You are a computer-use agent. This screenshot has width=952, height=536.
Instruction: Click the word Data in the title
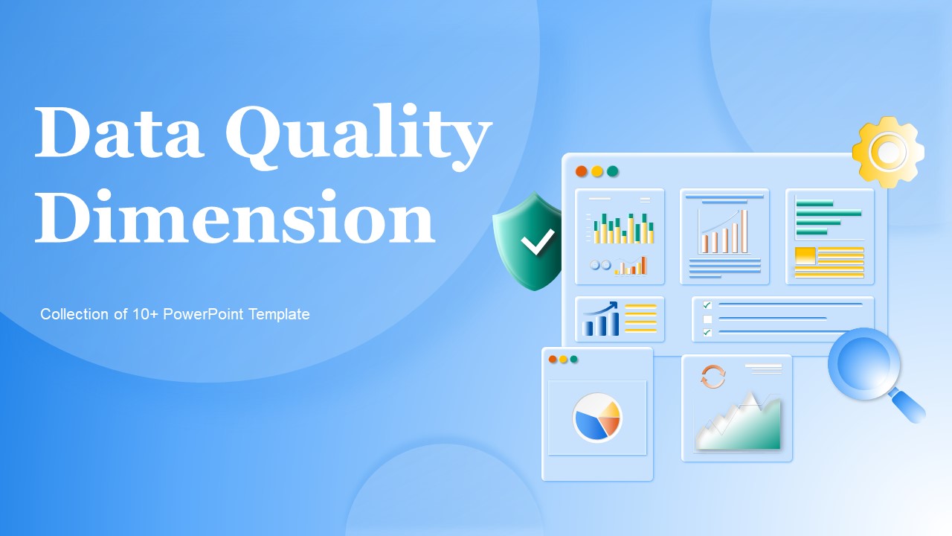coord(118,133)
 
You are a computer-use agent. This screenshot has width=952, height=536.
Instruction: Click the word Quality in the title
coord(358,137)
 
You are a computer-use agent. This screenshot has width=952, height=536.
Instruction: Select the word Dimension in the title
coord(234,217)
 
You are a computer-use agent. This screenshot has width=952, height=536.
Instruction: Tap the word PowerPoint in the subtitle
coord(203,314)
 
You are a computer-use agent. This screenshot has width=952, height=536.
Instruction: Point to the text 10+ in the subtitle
coord(145,314)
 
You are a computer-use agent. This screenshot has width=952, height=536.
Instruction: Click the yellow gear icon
coord(888,152)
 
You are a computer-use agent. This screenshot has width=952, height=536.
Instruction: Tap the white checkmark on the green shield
coord(538,241)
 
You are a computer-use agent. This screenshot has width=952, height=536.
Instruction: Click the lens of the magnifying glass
coord(864,364)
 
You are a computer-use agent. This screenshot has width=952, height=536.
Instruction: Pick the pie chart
coord(597,418)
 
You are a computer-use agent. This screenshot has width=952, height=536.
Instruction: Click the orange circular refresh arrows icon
coord(713,377)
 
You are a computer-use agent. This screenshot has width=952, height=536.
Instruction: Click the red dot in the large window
coord(582,171)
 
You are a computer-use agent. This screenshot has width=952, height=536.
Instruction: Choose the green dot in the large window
coord(612,171)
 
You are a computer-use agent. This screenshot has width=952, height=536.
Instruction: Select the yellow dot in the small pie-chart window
coord(563,360)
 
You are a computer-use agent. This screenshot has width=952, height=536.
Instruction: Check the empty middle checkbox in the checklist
coord(707,319)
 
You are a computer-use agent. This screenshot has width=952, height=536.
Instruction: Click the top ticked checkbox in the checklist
coord(707,305)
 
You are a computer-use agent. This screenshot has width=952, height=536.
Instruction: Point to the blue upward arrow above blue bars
coord(601,308)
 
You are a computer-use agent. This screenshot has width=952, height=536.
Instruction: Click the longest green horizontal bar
coord(829,213)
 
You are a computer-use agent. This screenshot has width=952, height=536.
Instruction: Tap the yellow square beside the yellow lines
coord(805,255)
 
